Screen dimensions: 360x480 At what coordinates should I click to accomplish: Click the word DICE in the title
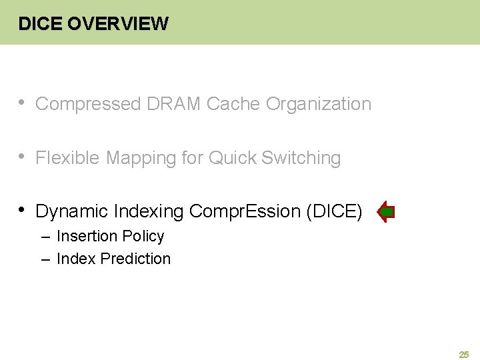pos(41,24)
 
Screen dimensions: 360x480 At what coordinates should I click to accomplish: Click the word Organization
pos(319,104)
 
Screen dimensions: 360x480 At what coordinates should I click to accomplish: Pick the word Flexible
pos(68,158)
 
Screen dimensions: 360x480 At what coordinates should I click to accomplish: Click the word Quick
pos(233,158)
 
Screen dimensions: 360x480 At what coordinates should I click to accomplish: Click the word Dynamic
pos(72,212)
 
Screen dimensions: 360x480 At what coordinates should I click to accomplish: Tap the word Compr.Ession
pos(245,212)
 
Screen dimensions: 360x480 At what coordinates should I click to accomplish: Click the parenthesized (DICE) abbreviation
pos(334,212)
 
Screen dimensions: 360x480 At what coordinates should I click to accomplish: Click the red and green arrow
pos(386,212)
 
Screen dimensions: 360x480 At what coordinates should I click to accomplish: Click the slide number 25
pos(464,355)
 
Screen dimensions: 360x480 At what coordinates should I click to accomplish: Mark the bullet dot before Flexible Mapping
pos(22,157)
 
